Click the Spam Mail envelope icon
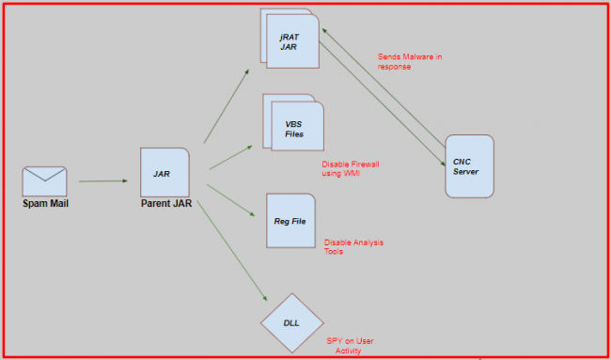(x=44, y=180)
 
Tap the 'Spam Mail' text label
(x=45, y=203)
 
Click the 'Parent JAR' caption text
(x=167, y=204)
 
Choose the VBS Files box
(x=295, y=128)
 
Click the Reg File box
(x=290, y=220)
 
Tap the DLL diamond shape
(x=291, y=321)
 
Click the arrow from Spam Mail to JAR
(x=102, y=180)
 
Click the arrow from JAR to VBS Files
(x=230, y=158)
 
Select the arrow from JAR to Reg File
(x=231, y=199)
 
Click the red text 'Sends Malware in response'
(x=409, y=61)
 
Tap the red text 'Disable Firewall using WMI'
(x=350, y=168)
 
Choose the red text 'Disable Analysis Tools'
(x=353, y=246)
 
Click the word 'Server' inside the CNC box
(x=465, y=171)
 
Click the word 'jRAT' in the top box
(x=290, y=35)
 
